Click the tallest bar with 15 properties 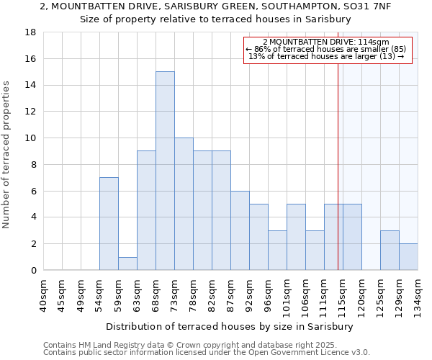coord(165,171)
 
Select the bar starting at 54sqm coord(109,223)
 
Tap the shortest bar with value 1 coord(127,263)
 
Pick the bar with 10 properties coord(184,204)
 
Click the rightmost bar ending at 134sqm coord(408,256)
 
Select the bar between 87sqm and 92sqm coord(240,230)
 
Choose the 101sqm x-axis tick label coord(287,294)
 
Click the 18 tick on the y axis coord(31,32)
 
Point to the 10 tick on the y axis coord(31,138)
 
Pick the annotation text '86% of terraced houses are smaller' coord(326,49)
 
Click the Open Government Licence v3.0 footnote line coord(207,352)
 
